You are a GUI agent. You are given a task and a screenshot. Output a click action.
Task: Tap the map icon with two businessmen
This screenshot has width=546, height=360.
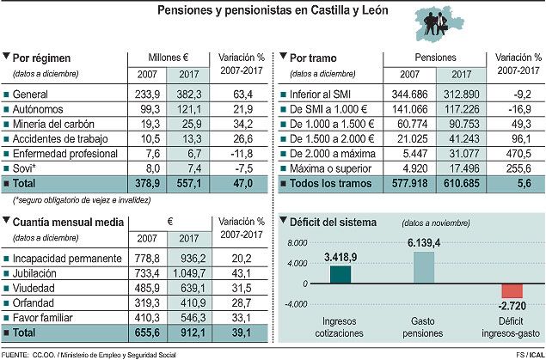pos(428,24)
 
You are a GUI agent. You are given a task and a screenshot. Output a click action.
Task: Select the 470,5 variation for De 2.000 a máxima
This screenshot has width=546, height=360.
pos(514,154)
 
